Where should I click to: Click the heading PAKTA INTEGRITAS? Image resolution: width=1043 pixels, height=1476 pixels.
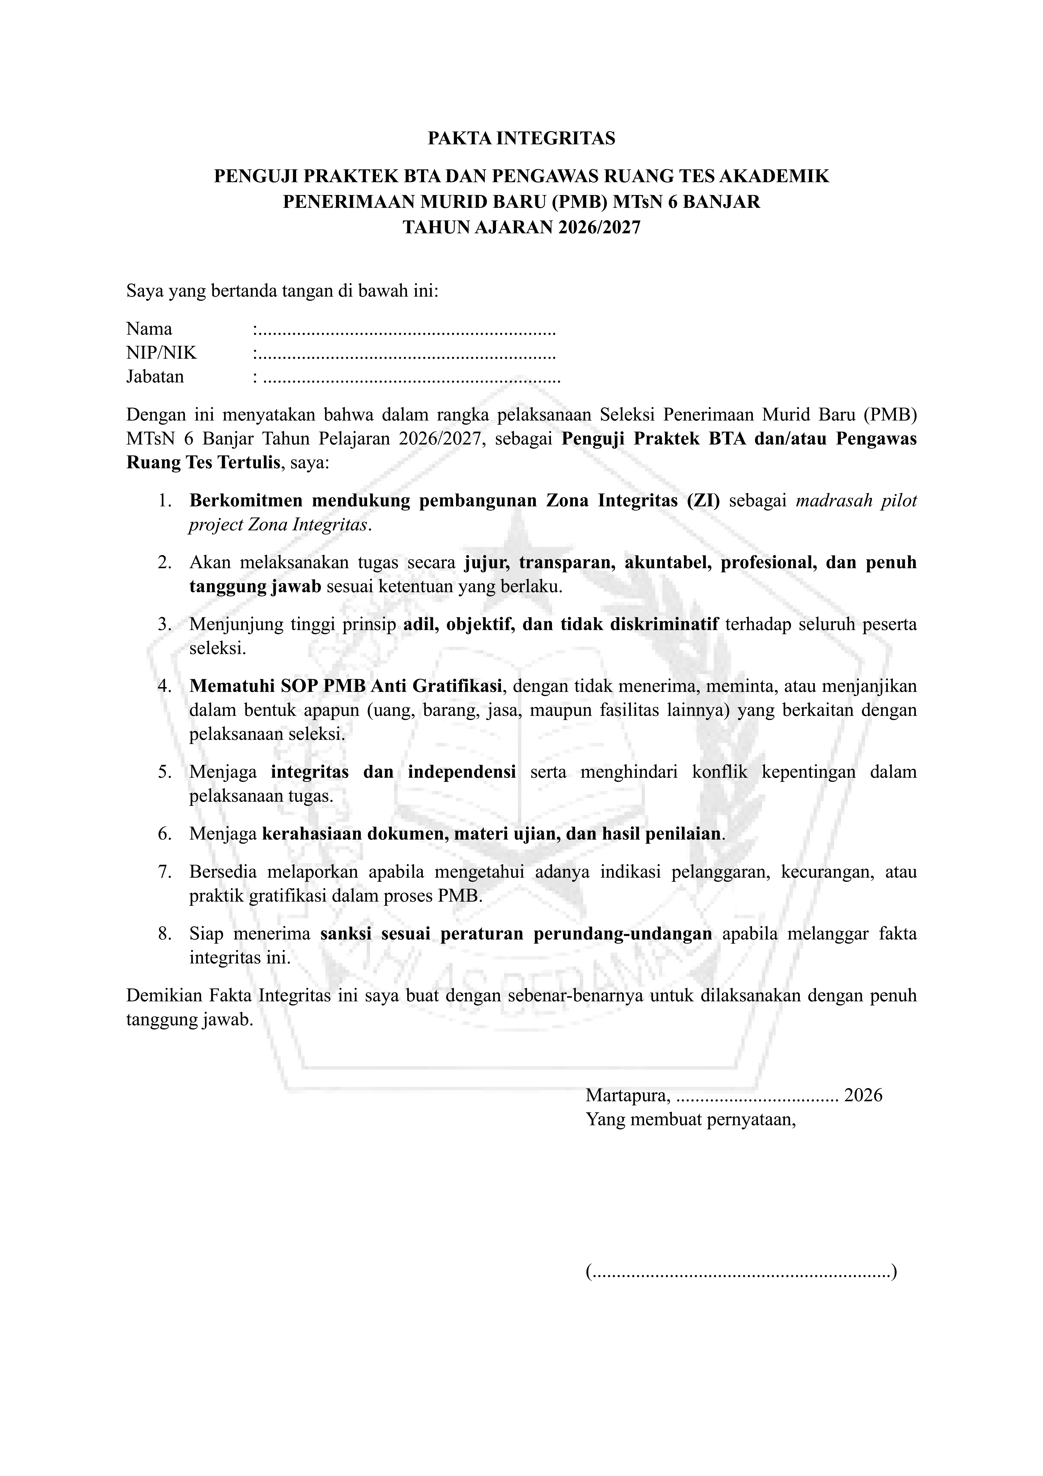(521, 138)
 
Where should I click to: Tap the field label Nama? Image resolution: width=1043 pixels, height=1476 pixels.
(149, 329)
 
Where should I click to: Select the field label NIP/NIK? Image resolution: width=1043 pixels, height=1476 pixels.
(161, 353)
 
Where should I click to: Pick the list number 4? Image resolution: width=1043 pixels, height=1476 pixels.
(165, 686)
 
